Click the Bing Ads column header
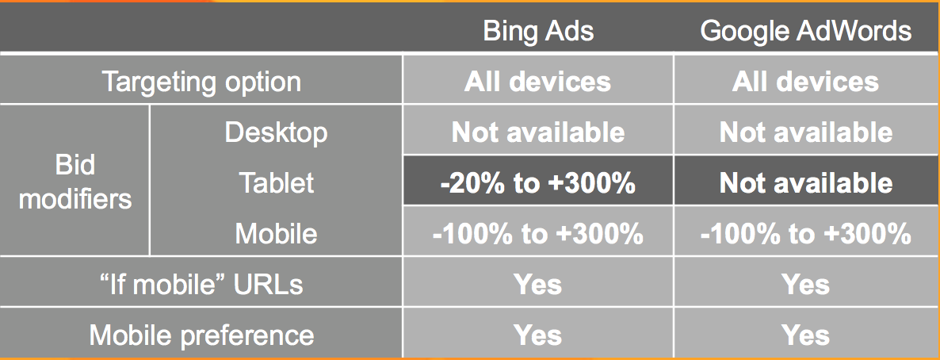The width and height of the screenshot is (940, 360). point(538,31)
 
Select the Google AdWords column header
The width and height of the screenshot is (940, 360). point(806,31)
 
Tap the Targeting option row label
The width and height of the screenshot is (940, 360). point(201,82)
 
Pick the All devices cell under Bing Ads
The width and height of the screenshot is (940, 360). point(537,82)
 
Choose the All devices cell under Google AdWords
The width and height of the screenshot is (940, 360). point(806,82)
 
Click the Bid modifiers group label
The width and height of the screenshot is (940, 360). point(75,182)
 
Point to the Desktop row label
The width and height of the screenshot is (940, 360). point(276,132)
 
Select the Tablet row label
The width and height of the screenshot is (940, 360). point(276,182)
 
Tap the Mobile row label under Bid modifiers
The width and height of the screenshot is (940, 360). point(276,233)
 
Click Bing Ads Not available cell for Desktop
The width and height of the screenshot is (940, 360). point(537,132)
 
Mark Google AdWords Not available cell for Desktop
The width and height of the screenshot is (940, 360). point(806,132)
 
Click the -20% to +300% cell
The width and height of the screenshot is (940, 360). point(537,183)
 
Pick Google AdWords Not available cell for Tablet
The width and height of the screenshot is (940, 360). point(806,183)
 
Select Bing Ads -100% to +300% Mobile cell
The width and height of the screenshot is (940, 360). point(537,233)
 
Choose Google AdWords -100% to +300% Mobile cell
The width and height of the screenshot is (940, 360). point(806,233)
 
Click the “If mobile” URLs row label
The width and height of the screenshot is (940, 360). point(201,284)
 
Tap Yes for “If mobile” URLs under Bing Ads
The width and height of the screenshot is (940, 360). point(537,285)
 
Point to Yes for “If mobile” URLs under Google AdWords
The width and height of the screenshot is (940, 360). point(806,285)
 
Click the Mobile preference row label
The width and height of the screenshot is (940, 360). point(201,335)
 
